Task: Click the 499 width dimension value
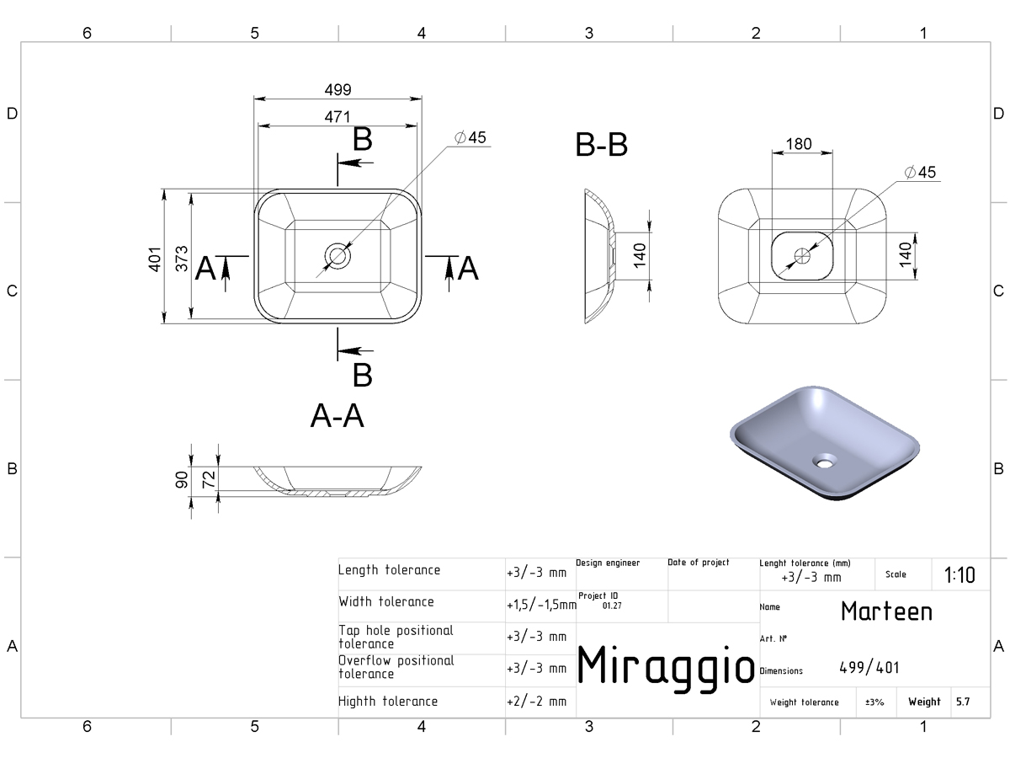click(x=338, y=89)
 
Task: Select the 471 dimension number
click(x=338, y=117)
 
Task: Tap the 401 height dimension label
click(x=155, y=259)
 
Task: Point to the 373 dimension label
click(x=182, y=259)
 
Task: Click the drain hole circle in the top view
click(x=338, y=256)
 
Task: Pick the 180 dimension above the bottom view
click(x=799, y=144)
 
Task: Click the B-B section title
click(x=602, y=145)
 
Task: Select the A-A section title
click(x=338, y=416)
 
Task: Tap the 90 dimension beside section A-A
click(x=182, y=479)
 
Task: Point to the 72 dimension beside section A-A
click(x=209, y=479)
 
